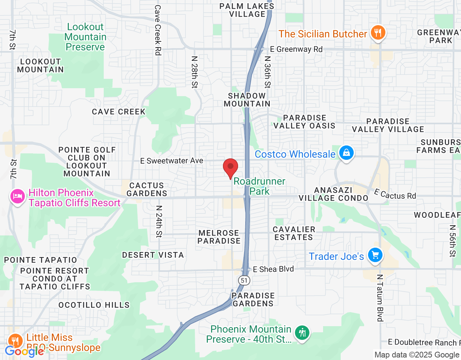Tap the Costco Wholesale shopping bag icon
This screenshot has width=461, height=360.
coord(346,153)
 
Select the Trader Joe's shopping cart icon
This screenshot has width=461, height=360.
coord(375,256)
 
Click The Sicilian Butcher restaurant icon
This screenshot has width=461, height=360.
coord(377,33)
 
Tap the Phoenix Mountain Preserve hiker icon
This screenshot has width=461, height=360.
coord(302,333)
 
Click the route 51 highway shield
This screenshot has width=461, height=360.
coord(244,280)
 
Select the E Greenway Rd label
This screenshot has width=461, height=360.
coord(296,49)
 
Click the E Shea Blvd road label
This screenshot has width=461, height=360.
coord(273,269)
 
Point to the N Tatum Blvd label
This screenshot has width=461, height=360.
coord(380,298)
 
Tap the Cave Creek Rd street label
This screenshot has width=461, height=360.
coord(157,30)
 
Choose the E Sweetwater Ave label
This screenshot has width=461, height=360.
coord(172,161)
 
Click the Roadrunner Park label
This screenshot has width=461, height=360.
coord(259,186)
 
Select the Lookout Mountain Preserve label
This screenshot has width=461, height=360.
coord(85,37)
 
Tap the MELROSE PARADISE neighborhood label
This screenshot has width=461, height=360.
coord(219,237)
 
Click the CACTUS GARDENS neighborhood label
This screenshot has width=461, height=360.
coord(147,189)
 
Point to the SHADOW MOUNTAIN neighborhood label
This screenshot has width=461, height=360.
coord(247,100)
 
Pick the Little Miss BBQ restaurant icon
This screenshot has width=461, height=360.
coord(15,341)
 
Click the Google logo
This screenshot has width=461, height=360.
coord(24,351)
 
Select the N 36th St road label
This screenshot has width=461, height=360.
coord(267,72)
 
